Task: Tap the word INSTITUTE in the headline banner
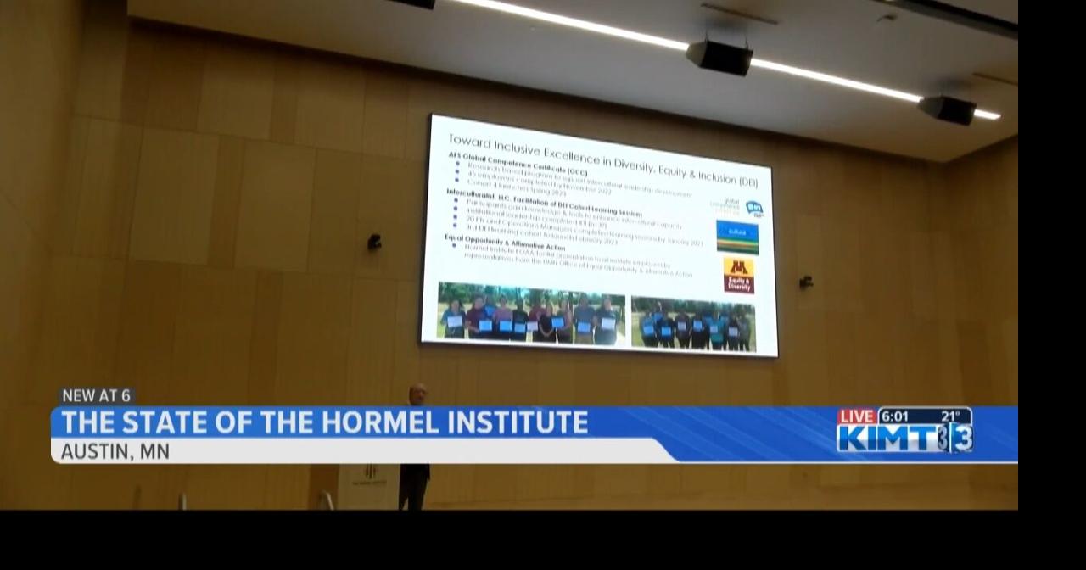(516, 422)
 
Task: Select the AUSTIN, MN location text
(115, 451)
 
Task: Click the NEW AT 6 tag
(97, 396)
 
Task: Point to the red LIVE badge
(856, 416)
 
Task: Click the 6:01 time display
(894, 416)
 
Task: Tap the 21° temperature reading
(949, 416)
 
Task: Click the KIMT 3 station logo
(904, 439)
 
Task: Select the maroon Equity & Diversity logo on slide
(739, 276)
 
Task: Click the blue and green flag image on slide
(737, 237)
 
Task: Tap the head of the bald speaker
(417, 394)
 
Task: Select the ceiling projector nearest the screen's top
(719, 57)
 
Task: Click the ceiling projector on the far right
(947, 109)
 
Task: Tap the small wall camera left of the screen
(374, 242)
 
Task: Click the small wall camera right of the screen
(805, 282)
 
